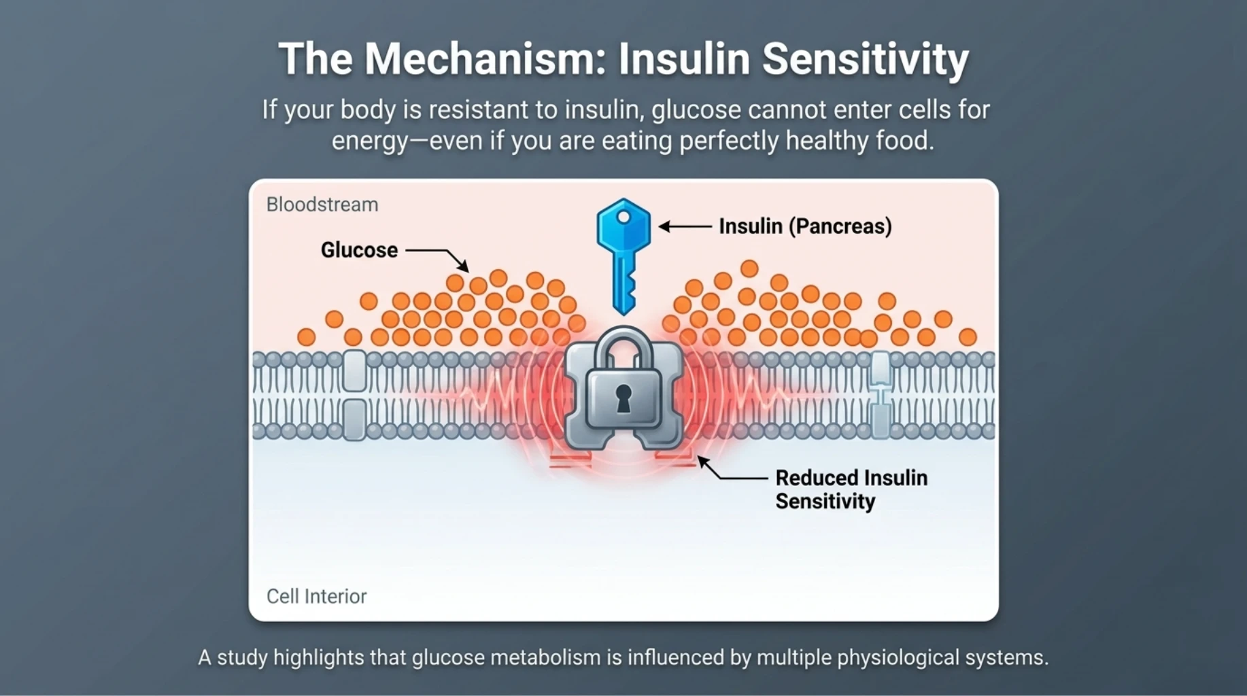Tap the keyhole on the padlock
tap(623, 398)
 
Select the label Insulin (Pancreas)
tap(805, 226)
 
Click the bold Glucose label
tap(359, 250)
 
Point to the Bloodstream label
tap(322, 205)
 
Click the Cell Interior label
tap(316, 596)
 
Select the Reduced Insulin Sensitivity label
tap(851, 489)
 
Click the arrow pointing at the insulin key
tap(685, 226)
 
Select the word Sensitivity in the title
tap(865, 59)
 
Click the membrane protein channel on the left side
tap(354, 394)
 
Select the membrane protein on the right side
tap(881, 394)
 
